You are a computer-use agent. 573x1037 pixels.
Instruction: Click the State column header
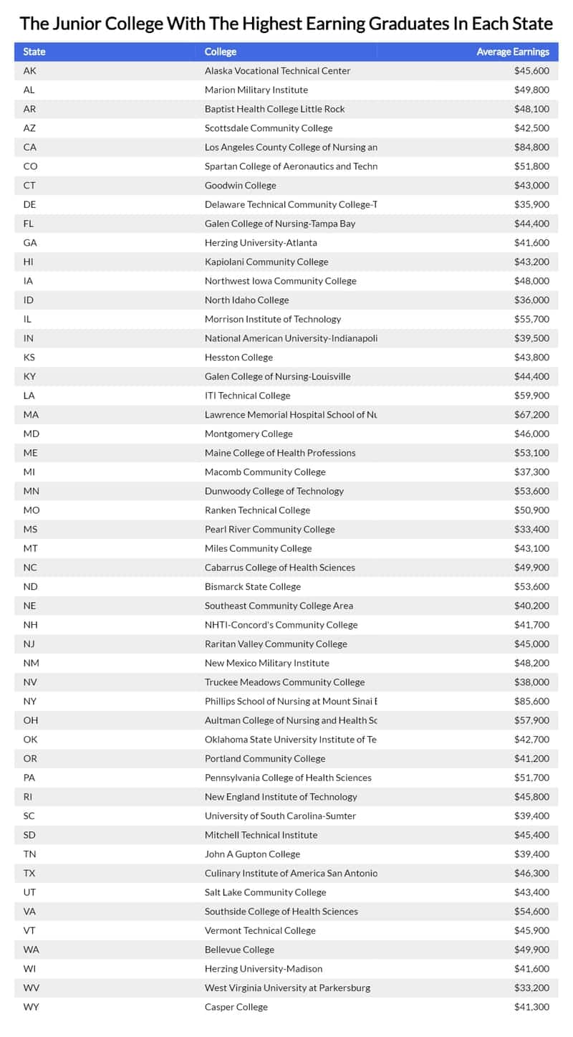(x=34, y=52)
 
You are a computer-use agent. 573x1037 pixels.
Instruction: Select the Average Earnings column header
(x=513, y=52)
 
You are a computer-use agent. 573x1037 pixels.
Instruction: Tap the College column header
(x=220, y=52)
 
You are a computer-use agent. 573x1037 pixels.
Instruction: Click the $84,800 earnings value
(x=531, y=147)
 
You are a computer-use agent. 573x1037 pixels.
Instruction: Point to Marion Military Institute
(x=256, y=90)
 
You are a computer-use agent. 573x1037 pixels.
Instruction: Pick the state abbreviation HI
(x=29, y=262)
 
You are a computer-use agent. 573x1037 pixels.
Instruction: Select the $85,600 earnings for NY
(x=531, y=701)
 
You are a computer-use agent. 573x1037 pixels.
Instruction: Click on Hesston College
(x=239, y=357)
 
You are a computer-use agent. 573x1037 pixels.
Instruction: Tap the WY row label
(x=30, y=1007)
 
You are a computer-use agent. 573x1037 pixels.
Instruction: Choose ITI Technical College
(x=247, y=396)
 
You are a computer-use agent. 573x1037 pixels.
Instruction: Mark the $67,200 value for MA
(x=531, y=414)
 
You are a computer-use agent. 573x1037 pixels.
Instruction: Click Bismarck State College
(x=252, y=586)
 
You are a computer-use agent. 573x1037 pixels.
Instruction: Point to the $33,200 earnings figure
(x=531, y=988)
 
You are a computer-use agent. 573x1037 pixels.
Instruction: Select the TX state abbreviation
(x=29, y=873)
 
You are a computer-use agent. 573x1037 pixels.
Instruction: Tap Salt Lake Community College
(x=265, y=892)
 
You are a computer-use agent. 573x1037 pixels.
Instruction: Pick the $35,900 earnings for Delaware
(x=531, y=204)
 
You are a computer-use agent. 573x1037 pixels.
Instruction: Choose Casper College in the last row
(x=236, y=1007)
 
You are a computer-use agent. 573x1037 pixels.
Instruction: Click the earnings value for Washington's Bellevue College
(x=531, y=950)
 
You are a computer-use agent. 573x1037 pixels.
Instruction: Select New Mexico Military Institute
(x=266, y=663)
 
